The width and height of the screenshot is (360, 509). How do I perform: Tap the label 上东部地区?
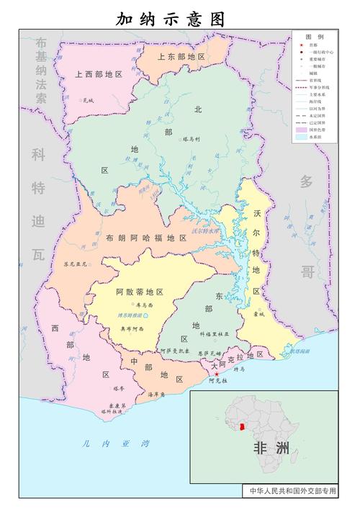coord(181,55)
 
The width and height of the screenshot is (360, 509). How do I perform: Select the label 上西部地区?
coord(99,73)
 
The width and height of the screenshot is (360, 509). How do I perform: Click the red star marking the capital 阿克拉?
coord(216,374)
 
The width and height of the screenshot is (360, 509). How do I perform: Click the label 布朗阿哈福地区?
coord(145,238)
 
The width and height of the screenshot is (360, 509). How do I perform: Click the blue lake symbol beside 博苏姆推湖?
coord(146,316)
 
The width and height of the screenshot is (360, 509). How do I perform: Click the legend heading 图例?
coord(314,36)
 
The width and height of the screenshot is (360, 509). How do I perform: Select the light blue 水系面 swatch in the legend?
coord(302,136)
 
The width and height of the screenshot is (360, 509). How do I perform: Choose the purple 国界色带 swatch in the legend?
coord(302,128)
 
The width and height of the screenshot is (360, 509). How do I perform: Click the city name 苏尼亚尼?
coord(75,264)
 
